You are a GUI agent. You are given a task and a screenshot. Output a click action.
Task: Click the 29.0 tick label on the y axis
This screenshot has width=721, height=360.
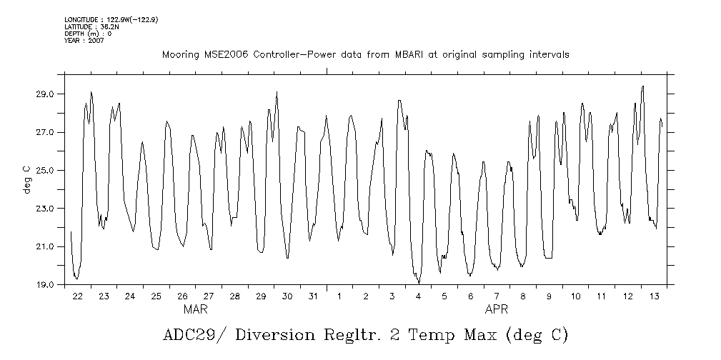46,94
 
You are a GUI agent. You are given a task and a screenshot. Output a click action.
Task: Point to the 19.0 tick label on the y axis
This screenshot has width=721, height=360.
46,285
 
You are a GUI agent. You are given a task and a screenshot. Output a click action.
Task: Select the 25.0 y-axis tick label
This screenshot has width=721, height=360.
46,171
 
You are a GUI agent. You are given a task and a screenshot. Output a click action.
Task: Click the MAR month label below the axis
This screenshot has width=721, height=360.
196,310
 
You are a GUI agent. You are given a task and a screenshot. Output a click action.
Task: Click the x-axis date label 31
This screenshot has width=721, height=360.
313,296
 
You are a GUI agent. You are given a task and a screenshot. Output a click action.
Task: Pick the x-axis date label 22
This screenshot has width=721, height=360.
77,296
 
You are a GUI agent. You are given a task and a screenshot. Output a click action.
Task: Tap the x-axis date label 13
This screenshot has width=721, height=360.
654,296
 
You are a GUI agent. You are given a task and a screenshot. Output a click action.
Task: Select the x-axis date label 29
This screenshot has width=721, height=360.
261,296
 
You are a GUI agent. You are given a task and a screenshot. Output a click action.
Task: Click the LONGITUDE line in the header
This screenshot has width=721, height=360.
111,19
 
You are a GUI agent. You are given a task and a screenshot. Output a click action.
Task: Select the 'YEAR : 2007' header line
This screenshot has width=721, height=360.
84,41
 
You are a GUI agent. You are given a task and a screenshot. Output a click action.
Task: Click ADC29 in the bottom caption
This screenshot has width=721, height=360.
187,336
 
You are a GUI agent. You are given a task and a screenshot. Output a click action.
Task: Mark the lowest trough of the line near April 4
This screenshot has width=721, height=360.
419,283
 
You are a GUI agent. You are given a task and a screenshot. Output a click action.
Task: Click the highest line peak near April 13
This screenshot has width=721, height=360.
643,86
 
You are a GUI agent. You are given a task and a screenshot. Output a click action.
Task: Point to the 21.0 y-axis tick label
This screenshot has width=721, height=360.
46,247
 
